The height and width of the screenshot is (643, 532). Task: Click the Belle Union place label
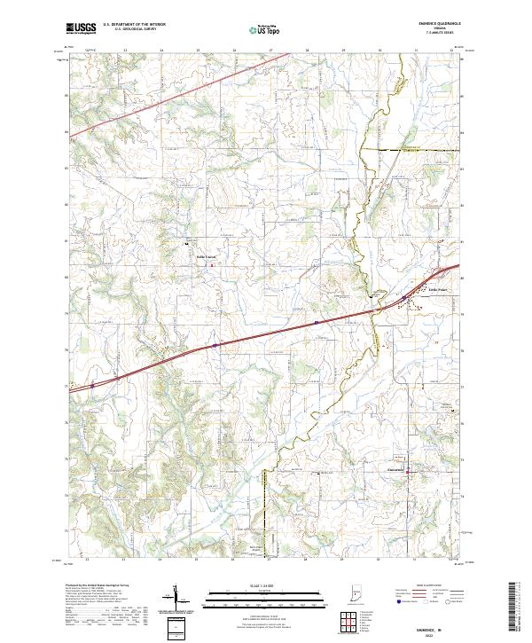pos(207,258)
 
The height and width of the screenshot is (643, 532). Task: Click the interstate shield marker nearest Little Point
pos(403,298)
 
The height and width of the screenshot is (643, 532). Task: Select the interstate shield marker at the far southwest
pos(91,386)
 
